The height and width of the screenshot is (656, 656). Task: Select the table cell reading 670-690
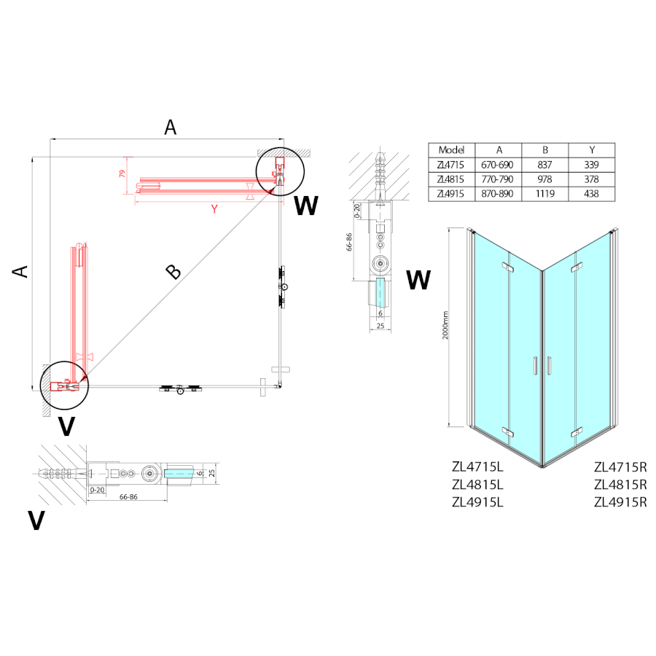tap(499, 165)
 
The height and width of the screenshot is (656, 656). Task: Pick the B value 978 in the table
tap(545, 179)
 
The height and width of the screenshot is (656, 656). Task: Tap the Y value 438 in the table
tap(591, 194)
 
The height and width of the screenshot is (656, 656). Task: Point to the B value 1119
tap(545, 194)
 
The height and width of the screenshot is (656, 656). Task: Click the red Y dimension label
tap(214, 209)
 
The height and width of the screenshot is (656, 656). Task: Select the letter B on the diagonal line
tap(173, 272)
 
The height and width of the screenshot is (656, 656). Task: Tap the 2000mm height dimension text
tap(454, 326)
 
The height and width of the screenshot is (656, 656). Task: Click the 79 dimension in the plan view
tap(122, 175)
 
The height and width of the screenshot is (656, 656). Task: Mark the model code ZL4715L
tap(478, 467)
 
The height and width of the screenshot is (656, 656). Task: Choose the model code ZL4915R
tap(621, 501)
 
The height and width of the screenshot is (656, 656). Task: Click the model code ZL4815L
tap(478, 485)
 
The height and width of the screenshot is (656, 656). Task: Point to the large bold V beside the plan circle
tap(66, 426)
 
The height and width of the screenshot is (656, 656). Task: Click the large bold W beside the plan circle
tap(306, 206)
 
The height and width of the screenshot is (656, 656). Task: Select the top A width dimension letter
tap(171, 128)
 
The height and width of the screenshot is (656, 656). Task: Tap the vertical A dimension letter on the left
tap(21, 271)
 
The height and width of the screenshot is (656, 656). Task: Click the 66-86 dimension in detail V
tap(128, 496)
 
